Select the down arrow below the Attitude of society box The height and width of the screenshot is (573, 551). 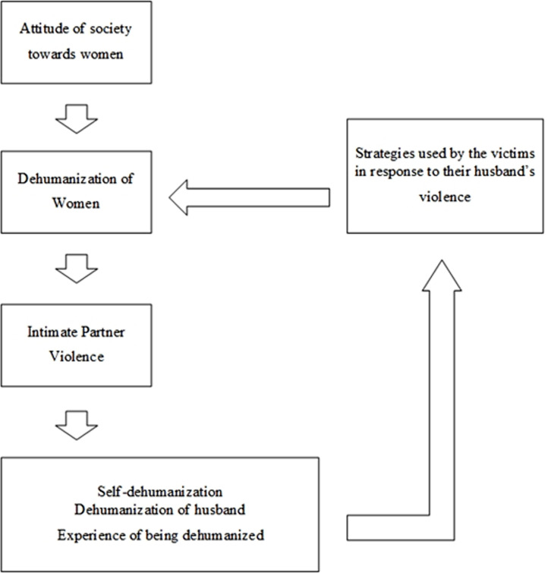pos(77,118)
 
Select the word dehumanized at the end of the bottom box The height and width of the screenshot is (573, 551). pos(226,535)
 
